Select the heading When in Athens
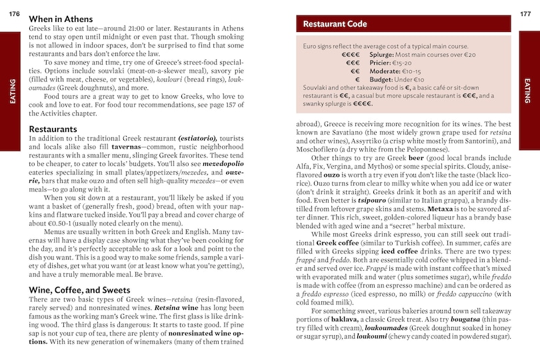[x=61, y=19]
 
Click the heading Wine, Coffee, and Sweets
[x=80, y=290]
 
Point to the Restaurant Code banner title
[x=335, y=24]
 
